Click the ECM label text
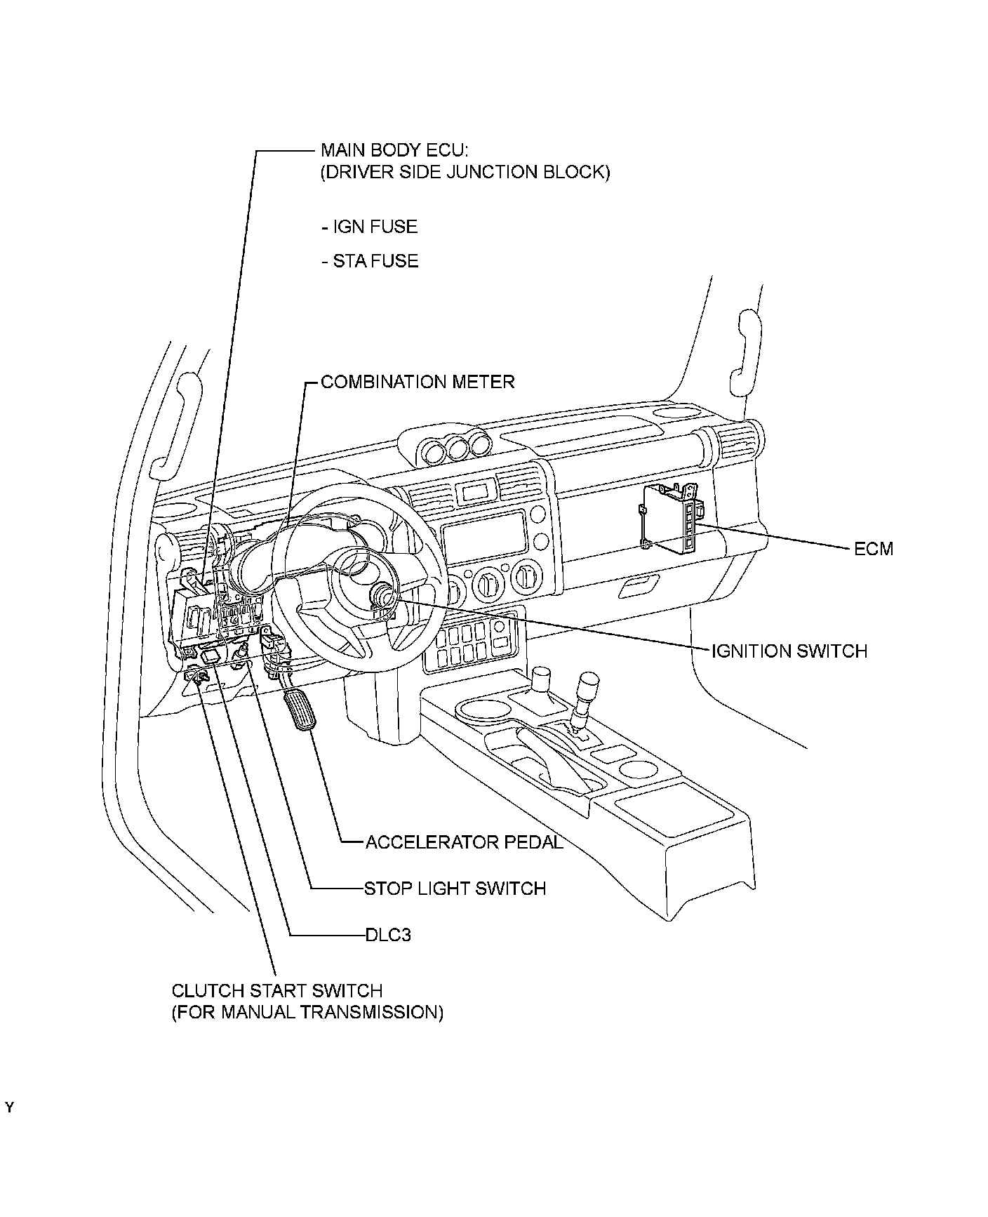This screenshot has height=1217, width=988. pos(873,548)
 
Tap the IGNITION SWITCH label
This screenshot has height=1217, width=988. pos(789,651)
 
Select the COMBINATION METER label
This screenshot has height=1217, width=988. pos(418,382)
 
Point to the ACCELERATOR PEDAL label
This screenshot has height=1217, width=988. pos(464,842)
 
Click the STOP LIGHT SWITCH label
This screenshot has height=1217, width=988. pos(455,889)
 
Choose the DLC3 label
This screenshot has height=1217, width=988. pos(388,935)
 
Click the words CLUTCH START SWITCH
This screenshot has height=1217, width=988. pos(277,991)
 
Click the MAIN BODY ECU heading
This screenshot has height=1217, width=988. pos(391,150)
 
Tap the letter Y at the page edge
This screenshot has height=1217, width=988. pos(9,1109)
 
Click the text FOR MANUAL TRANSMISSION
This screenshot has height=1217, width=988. pos(307,1012)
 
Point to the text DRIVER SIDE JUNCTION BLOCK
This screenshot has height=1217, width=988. pos(465,172)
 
